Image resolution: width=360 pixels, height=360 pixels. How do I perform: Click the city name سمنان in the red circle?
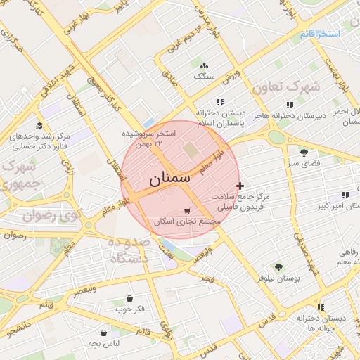tap(169, 179)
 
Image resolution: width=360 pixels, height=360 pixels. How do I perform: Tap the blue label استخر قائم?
tap(319, 34)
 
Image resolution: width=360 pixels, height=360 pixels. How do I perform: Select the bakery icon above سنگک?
tap(204, 65)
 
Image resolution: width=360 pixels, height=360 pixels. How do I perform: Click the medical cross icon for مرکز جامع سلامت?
tap(240, 186)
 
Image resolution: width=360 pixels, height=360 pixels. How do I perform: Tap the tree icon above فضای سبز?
tap(304, 153)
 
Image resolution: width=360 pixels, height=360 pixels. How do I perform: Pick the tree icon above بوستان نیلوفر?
tap(278, 267)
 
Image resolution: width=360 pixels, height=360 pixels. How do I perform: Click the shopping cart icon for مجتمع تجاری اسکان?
tap(186, 210)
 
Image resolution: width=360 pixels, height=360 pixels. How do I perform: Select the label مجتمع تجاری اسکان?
tap(188, 221)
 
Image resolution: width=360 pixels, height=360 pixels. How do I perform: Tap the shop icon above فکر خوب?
tap(129, 298)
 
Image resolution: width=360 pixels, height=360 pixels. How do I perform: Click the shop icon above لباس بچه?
tap(103, 332)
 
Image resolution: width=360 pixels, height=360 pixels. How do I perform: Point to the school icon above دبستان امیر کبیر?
tap(345, 195)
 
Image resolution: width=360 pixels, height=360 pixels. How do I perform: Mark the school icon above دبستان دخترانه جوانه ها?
tap(321, 307)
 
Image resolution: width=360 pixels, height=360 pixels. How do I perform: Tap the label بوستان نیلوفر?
tap(279, 278)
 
